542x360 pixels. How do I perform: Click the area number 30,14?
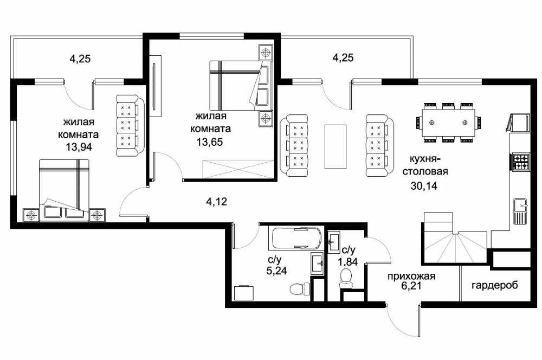[x=424, y=186]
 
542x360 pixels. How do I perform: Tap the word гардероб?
[x=495, y=286]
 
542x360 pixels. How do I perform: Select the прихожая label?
[x=411, y=277]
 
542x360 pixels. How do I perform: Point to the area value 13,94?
[x=79, y=147]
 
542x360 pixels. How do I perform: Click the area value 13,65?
[x=210, y=142]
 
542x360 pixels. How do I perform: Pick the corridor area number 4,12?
[x=217, y=201]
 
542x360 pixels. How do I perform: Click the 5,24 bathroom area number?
[x=276, y=271]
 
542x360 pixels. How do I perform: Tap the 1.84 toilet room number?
[x=348, y=262]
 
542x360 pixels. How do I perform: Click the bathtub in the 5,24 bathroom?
[x=295, y=238]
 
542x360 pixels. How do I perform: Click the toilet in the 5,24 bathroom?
[x=299, y=288]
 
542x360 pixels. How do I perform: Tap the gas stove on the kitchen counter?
[x=520, y=162]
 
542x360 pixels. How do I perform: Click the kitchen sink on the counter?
[x=520, y=211]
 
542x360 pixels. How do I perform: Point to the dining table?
[x=448, y=123]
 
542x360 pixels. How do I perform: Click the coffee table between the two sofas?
[x=335, y=146]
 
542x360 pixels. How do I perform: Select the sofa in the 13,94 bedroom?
[x=130, y=125]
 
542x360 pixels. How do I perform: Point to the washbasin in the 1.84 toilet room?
[x=334, y=241]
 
